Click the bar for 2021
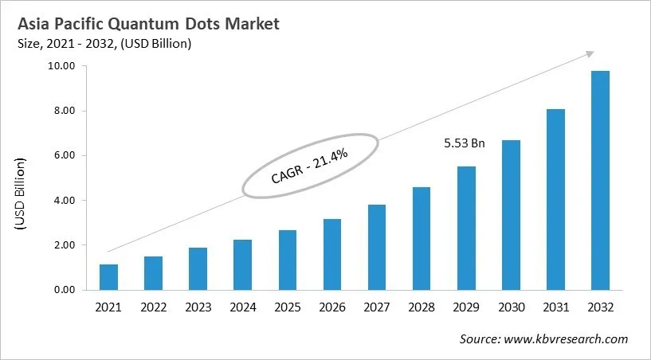(109, 277)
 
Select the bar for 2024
(242, 264)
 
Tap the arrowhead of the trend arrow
(590, 53)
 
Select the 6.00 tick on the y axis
(62, 155)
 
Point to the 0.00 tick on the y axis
(62, 290)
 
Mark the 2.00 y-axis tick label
(62, 245)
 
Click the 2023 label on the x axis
(198, 307)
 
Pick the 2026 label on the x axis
(331, 307)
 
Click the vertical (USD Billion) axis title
(21, 195)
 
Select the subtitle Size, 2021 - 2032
(72, 45)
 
